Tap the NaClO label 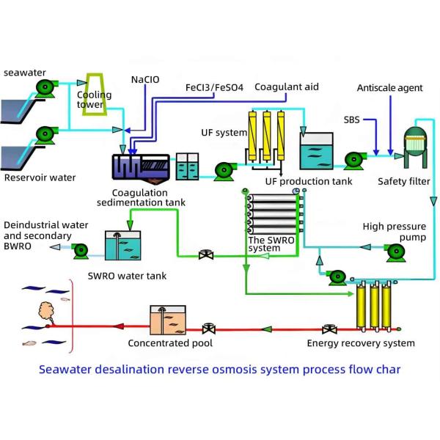pos(144,79)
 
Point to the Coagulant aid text pos(287,87)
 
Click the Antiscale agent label pos(389,88)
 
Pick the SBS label pos(353,117)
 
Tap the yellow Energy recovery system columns pos(370,309)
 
